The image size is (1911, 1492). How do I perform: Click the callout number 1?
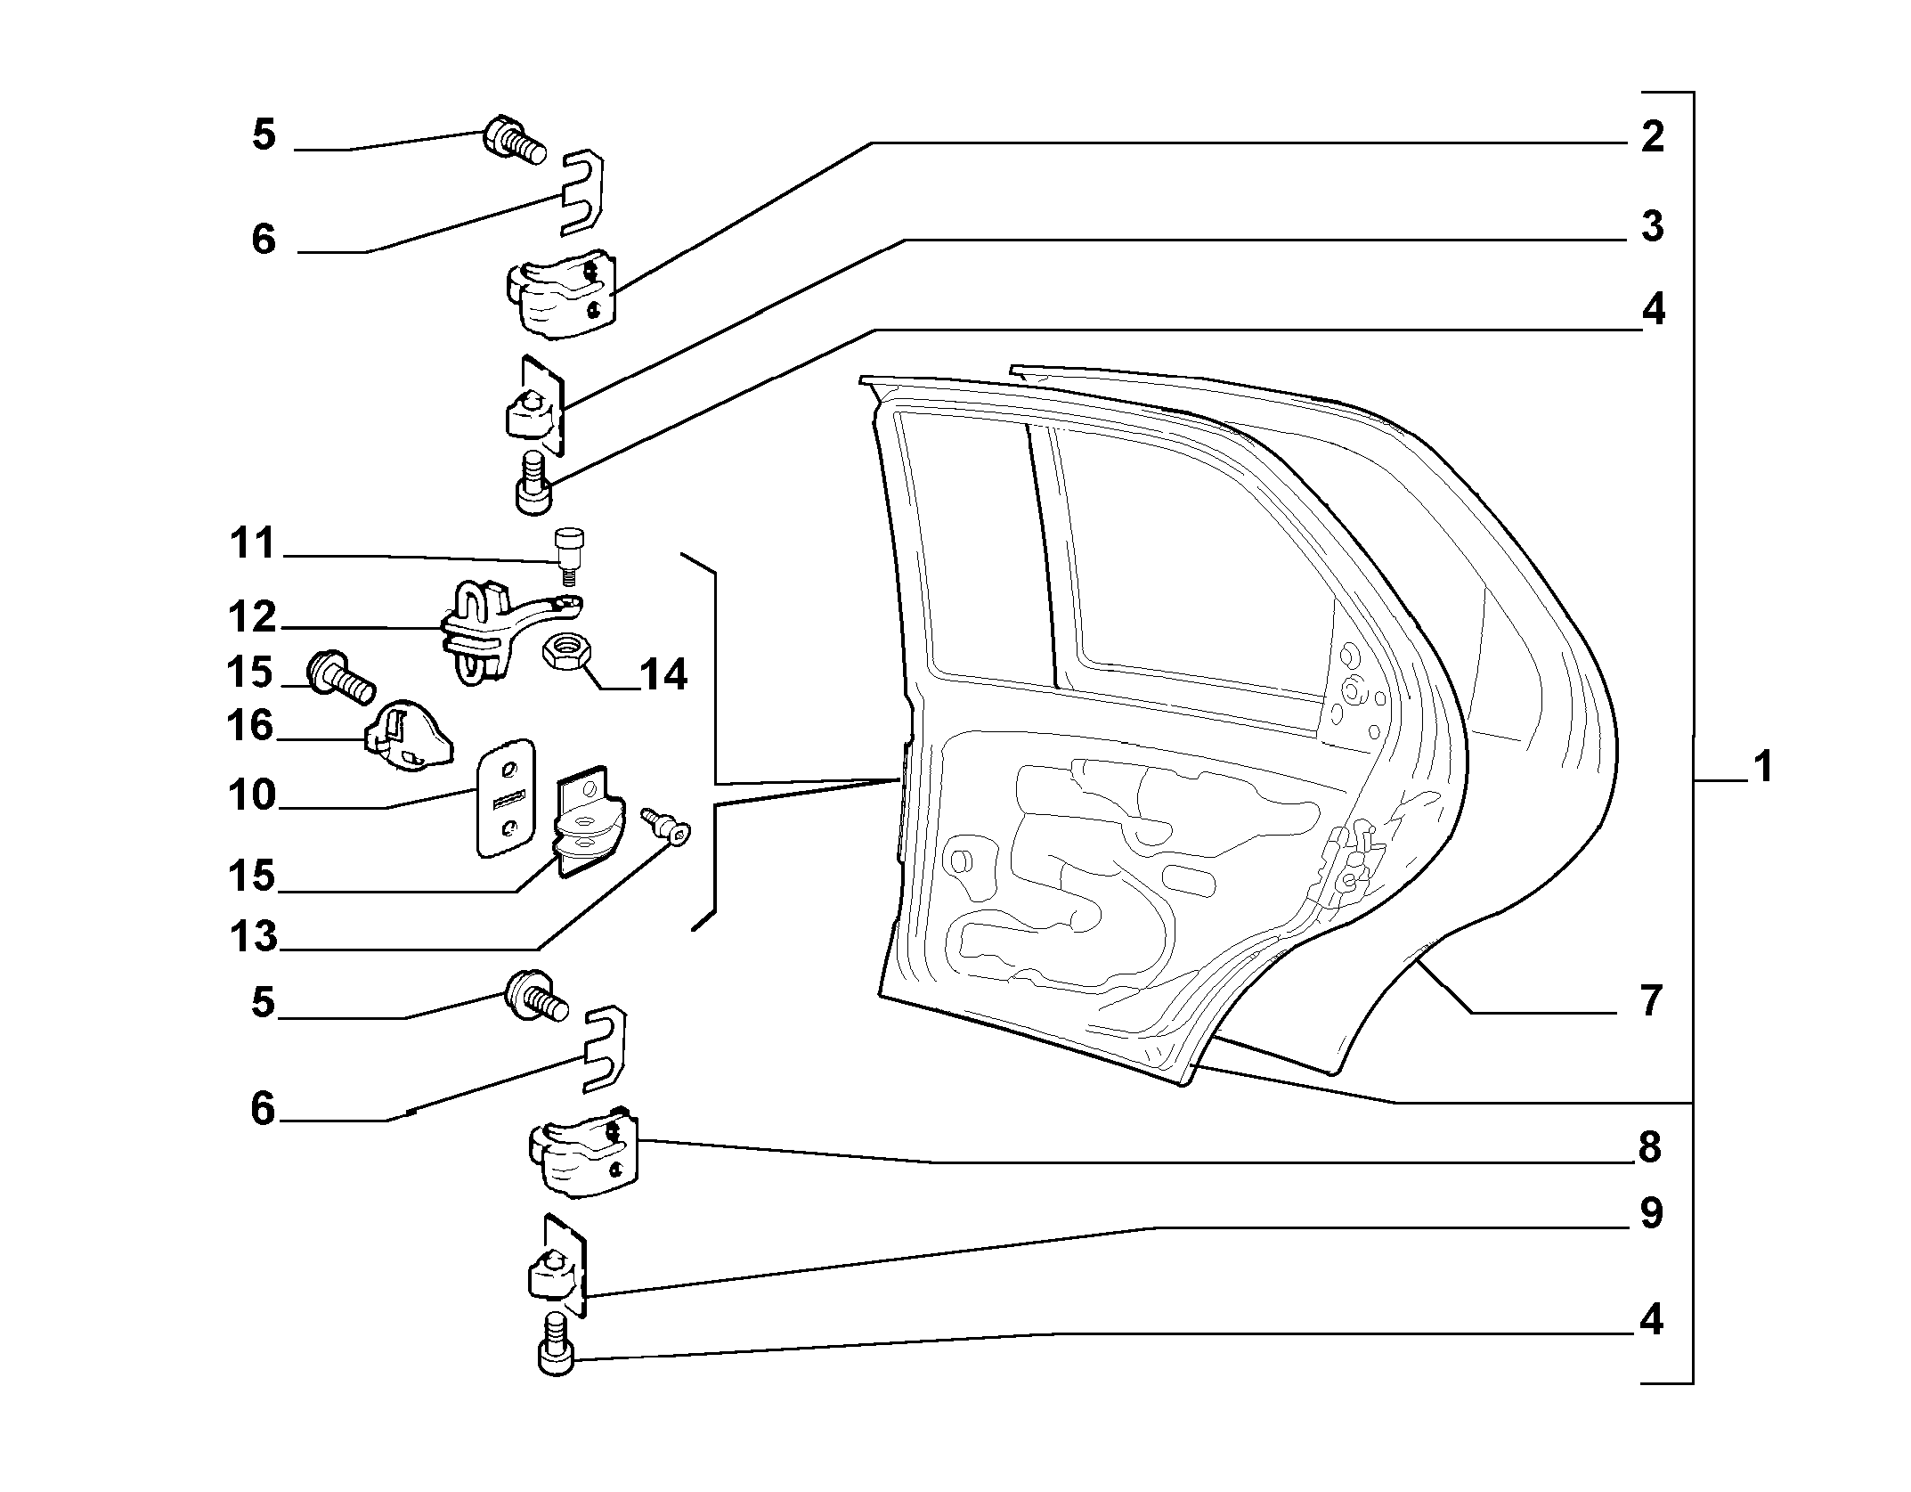click(1762, 767)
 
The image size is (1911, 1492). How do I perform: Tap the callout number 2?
click(1652, 137)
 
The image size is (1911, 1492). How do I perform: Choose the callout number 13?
click(253, 937)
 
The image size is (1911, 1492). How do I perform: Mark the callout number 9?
click(1651, 1213)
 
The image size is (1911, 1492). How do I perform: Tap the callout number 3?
click(1652, 226)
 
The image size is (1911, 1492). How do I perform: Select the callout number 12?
click(252, 616)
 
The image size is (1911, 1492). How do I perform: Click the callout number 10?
click(252, 795)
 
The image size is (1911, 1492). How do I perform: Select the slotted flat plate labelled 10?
click(506, 798)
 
